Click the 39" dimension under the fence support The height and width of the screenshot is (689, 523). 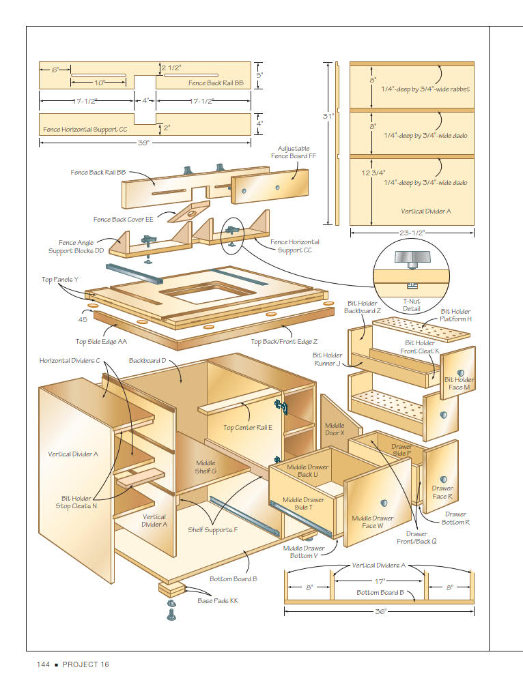pos(144,143)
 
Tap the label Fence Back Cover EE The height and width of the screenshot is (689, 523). pos(124,219)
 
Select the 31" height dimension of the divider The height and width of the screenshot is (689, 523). pos(328,117)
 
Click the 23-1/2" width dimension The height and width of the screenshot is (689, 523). pos(412,232)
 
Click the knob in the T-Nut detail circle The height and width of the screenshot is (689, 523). pos(410,257)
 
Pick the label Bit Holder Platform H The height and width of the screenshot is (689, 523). pos(455,315)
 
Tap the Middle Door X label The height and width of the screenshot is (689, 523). pos(335,429)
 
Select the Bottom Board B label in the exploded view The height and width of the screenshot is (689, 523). pos(233,578)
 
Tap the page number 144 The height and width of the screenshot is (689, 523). pos(44,664)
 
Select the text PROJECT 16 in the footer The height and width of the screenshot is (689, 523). pos(85,664)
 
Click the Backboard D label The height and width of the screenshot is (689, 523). pos(147,360)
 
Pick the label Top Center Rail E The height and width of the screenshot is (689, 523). pos(247,428)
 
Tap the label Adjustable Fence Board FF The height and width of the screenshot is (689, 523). pos(294,152)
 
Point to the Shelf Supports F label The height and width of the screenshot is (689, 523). pos(212,529)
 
